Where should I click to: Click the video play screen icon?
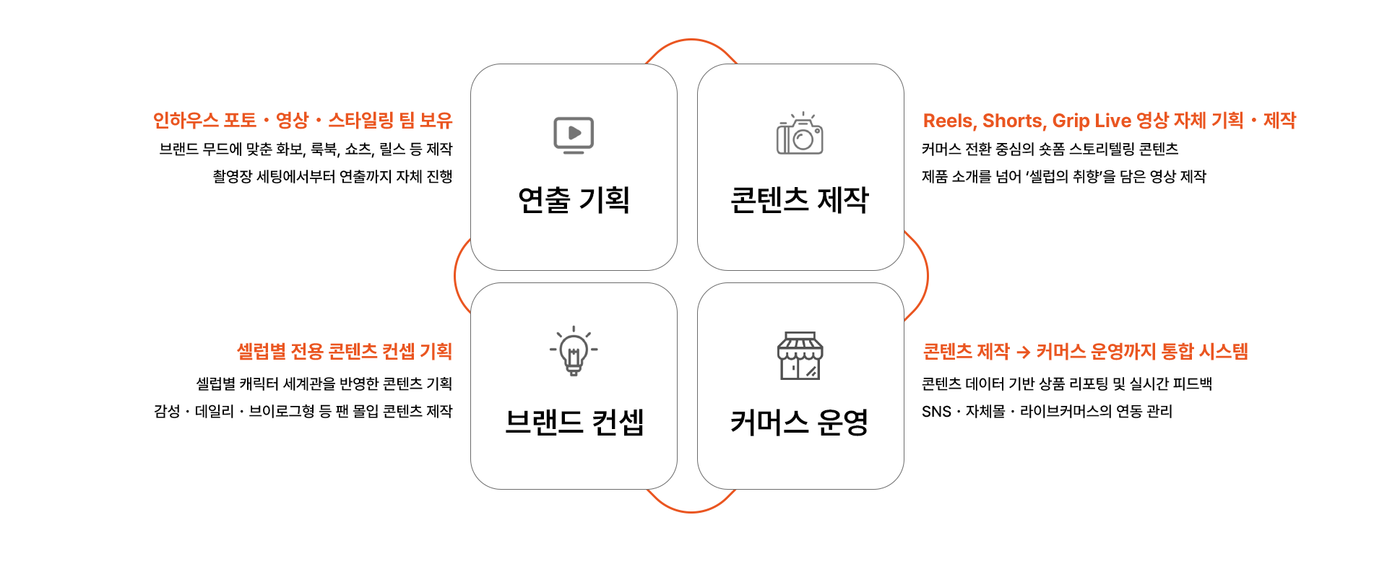point(574,135)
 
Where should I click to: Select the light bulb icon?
point(574,351)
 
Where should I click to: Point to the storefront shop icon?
point(800,355)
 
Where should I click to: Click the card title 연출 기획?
point(574,200)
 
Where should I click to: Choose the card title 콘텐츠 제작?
point(800,200)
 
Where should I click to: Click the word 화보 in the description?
point(290,150)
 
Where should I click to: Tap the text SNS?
point(936,412)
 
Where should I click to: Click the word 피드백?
point(1192,384)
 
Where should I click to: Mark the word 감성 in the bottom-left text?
point(167,412)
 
